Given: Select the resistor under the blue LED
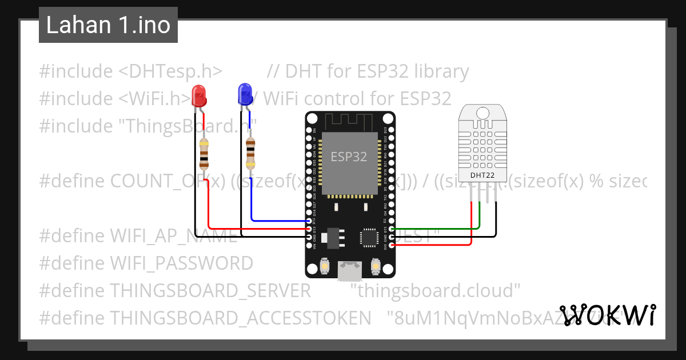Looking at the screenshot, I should [250, 153].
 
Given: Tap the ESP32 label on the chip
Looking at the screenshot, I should [349, 156].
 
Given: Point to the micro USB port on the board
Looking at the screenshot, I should [349, 270].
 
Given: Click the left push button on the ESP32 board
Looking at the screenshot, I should [324, 266].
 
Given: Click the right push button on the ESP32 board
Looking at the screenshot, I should [376, 266].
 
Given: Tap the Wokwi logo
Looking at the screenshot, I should [607, 315].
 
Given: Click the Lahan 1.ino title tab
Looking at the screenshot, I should [108, 25].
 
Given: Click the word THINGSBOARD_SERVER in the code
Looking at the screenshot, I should [210, 291].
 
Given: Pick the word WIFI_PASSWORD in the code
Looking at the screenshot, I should [181, 263].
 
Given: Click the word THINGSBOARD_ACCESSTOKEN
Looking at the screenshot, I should [240, 317].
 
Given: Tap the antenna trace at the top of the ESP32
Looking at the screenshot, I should [349, 121].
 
